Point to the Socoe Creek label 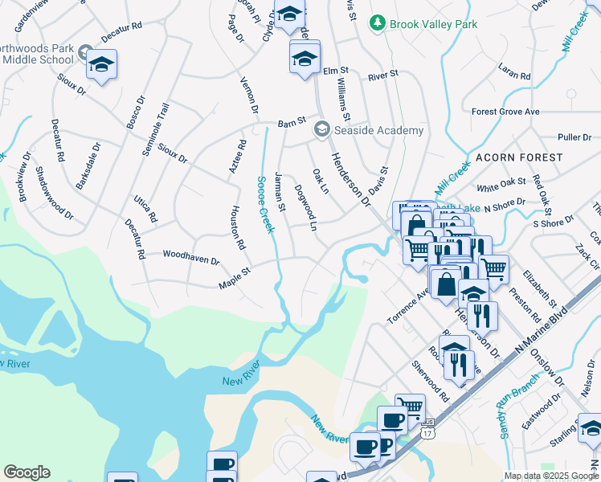click(x=264, y=205)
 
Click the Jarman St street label click(x=280, y=191)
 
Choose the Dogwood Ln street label click(x=306, y=205)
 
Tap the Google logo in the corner click(x=27, y=472)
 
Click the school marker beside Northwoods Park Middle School click(x=102, y=64)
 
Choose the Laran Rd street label click(x=514, y=72)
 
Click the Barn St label click(x=292, y=123)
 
